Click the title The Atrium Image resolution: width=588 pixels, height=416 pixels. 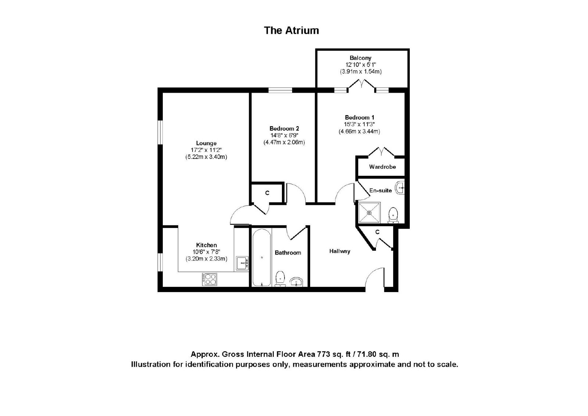click(x=291, y=31)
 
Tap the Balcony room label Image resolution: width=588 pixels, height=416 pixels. click(x=361, y=58)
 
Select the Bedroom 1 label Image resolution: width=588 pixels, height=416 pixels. click(x=359, y=117)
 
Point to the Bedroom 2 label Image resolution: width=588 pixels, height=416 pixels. click(x=284, y=128)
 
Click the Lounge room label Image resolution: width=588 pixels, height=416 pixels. click(x=206, y=143)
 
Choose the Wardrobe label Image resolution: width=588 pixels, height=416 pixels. click(x=383, y=167)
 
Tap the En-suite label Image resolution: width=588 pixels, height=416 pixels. click(x=381, y=191)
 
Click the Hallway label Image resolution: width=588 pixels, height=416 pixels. click(x=340, y=252)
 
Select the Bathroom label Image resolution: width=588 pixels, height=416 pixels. click(x=288, y=253)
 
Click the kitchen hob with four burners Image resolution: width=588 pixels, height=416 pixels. click(x=209, y=279)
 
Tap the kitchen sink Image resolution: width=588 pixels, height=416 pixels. click(x=242, y=263)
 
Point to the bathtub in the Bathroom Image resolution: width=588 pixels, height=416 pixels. click(x=262, y=257)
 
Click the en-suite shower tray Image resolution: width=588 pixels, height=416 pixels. click(x=370, y=212)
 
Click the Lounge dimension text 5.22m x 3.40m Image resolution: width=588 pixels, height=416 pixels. click(x=206, y=157)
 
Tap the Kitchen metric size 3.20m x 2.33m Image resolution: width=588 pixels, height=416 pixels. click(x=207, y=259)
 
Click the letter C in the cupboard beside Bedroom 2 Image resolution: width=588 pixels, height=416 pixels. click(x=267, y=193)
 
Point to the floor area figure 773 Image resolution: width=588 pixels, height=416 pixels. click(x=324, y=354)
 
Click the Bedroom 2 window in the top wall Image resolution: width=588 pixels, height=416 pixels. click(x=280, y=90)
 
